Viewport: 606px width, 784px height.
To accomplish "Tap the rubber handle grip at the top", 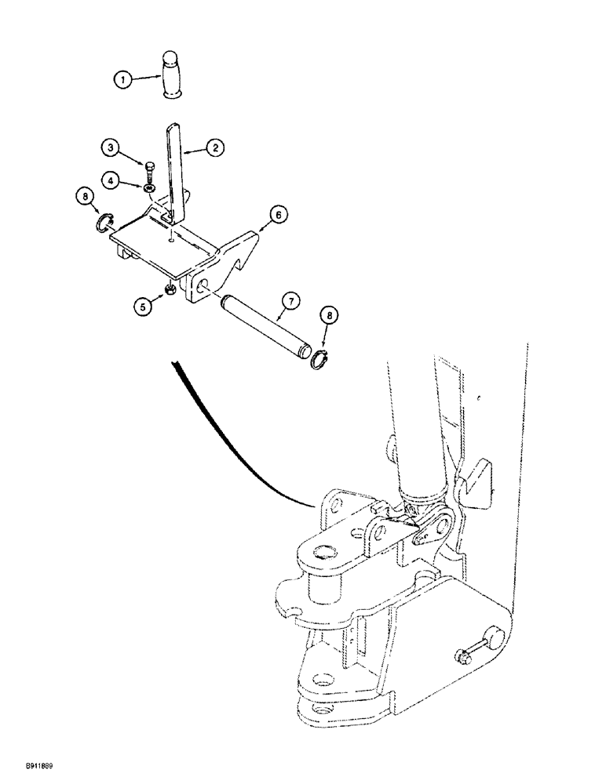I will pos(172,75).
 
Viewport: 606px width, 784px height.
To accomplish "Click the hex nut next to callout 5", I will pos(169,292).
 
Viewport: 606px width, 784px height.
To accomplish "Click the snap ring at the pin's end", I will pos(318,361).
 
